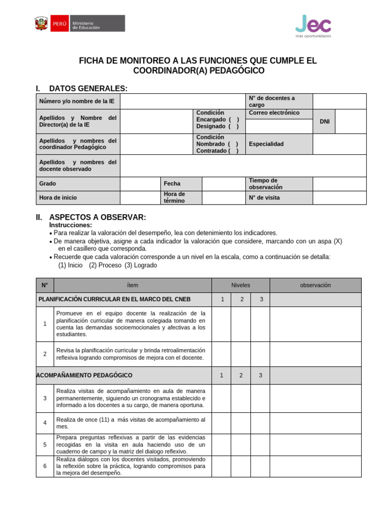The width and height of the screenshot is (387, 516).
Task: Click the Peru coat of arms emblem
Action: click(x=41, y=23)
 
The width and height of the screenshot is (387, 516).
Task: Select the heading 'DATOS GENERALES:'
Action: click(x=88, y=89)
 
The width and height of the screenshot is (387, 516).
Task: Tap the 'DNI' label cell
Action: click(x=324, y=122)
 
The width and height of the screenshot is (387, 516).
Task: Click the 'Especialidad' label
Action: click(x=266, y=144)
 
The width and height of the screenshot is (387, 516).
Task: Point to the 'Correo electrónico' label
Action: click(x=274, y=113)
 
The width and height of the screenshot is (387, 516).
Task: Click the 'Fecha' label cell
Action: click(x=172, y=184)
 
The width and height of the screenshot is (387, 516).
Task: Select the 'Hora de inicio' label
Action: click(x=58, y=198)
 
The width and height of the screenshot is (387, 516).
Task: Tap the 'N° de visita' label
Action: click(x=264, y=198)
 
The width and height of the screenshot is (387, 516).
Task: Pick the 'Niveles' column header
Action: click(x=240, y=285)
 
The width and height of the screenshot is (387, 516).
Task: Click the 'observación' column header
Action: click(x=315, y=285)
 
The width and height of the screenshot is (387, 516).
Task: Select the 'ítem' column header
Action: click(x=133, y=285)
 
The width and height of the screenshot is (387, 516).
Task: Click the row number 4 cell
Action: click(x=45, y=423)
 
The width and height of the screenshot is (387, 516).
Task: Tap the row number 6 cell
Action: click(x=45, y=466)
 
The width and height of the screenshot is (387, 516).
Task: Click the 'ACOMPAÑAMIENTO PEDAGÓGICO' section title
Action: click(x=85, y=375)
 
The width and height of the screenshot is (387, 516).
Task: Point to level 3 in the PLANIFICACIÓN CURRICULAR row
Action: click(x=261, y=300)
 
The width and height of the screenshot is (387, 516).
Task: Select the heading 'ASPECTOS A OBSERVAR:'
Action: click(x=97, y=217)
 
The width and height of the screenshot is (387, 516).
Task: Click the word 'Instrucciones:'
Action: click(x=71, y=225)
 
